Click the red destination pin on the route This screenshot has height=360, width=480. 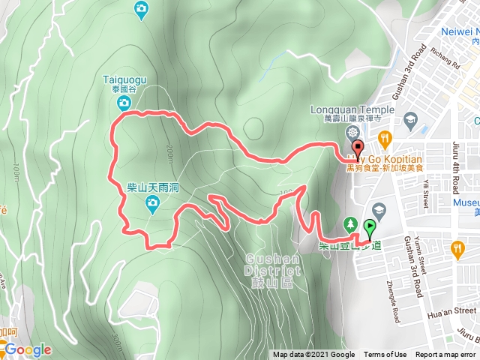tap(358, 148)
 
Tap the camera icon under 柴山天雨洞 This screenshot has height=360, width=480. tap(153, 202)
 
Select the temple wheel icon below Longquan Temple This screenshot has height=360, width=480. tap(352, 133)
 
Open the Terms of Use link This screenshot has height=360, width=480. tap(385, 355)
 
